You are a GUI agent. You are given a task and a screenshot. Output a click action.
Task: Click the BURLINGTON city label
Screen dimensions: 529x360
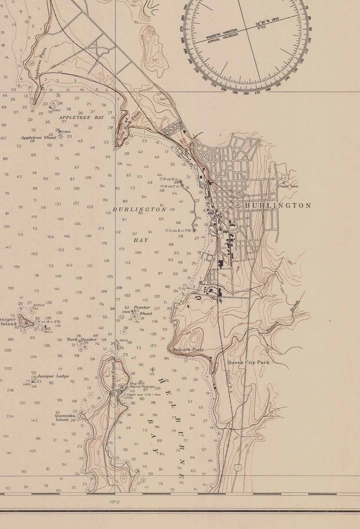coord(278,205)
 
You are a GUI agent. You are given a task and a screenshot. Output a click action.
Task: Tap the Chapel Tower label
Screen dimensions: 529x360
coord(288,186)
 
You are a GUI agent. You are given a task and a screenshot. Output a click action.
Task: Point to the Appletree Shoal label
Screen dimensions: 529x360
coord(39,137)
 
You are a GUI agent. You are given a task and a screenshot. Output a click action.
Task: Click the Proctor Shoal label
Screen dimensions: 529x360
coord(142,310)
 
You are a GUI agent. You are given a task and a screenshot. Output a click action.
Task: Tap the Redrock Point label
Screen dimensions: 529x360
coord(189,350)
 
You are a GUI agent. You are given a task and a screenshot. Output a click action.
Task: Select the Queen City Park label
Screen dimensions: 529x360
coord(249,362)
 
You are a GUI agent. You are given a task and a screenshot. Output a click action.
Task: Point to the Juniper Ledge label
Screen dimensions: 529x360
coord(53,376)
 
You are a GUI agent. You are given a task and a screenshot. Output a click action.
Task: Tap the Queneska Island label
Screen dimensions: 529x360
coord(62,416)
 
